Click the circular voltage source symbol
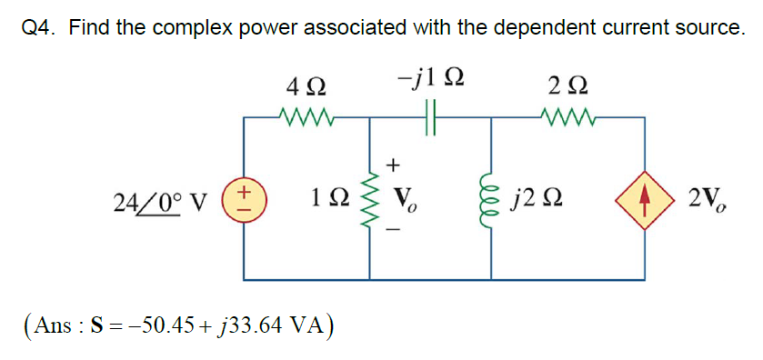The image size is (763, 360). (x=244, y=198)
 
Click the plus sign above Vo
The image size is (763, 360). (x=394, y=165)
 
